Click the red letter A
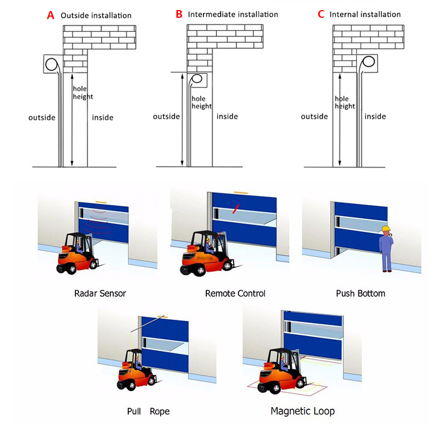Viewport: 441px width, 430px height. pyautogui.click(x=51, y=15)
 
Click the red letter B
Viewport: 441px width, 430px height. pyautogui.click(x=179, y=14)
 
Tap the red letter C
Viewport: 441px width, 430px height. pyautogui.click(x=321, y=14)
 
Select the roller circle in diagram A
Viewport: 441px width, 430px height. pyautogui.click(x=51, y=64)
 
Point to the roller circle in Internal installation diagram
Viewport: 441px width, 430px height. pyautogui.click(x=369, y=62)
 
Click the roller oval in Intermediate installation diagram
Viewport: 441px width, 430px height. pyautogui.click(x=197, y=79)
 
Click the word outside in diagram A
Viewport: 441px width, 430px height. pyautogui.click(x=42, y=118)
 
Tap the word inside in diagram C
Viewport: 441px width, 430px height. pyautogui.click(x=375, y=116)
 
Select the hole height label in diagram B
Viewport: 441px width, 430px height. pyautogui.click(x=202, y=102)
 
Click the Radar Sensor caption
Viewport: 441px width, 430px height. pyautogui.click(x=100, y=294)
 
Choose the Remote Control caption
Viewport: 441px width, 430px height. pyautogui.click(x=235, y=294)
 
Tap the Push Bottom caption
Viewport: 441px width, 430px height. pyautogui.click(x=361, y=294)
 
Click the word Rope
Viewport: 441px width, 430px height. pyautogui.click(x=160, y=412)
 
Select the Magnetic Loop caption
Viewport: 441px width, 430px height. pyautogui.click(x=303, y=411)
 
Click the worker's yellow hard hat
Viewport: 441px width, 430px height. pyautogui.click(x=386, y=228)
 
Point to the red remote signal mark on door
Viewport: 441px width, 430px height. pyautogui.click(x=236, y=209)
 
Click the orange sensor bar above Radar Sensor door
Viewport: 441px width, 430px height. pyautogui.click(x=101, y=202)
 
